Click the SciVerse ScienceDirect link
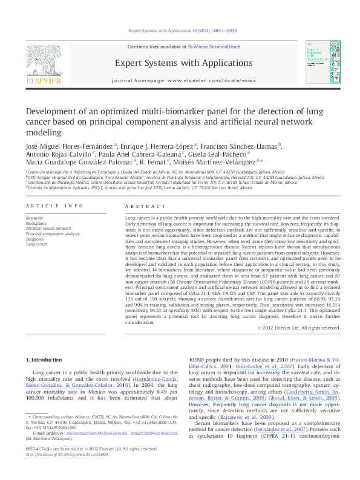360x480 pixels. tap(214, 47)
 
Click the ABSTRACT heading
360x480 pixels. tap(137, 206)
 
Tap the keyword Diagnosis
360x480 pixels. tap(35, 239)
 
